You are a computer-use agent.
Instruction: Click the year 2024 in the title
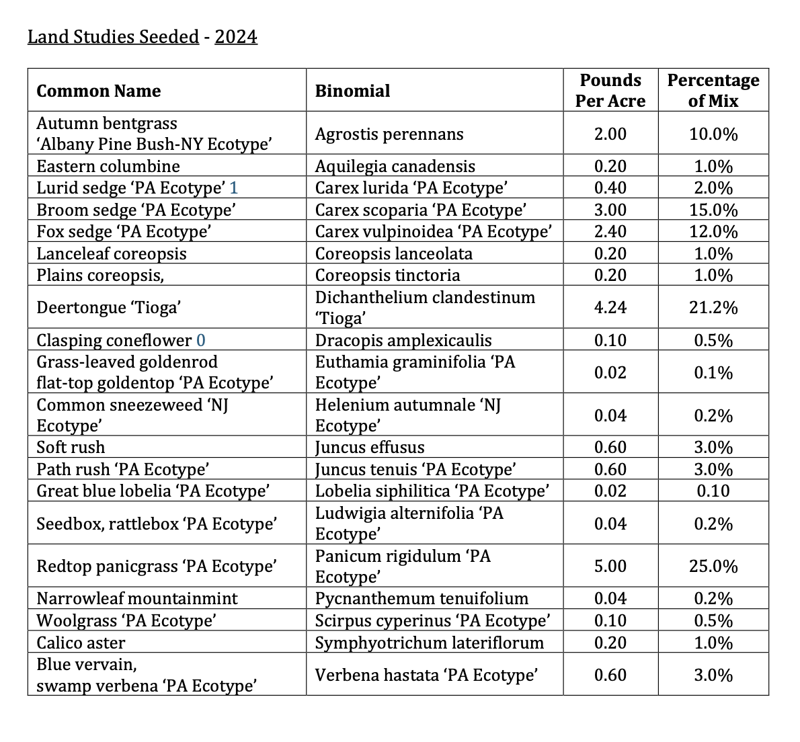[x=236, y=37]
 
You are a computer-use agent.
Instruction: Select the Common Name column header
[x=98, y=91]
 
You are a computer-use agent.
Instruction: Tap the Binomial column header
[x=352, y=91]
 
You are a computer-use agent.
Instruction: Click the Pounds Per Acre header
[x=610, y=90]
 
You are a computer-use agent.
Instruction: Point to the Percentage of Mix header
[x=713, y=90]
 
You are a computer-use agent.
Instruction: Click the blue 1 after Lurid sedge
[x=234, y=188]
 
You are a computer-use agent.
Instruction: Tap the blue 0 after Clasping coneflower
[x=200, y=340]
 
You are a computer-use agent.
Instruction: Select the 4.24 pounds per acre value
[x=610, y=308]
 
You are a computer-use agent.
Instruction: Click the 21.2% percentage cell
[x=713, y=308]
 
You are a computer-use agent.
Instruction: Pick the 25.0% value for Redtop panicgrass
[x=713, y=566]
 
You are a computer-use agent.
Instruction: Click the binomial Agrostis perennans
[x=389, y=134]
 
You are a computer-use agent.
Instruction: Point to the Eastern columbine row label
[x=108, y=166]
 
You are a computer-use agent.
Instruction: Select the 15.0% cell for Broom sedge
[x=713, y=210]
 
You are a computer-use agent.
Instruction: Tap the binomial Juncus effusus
[x=370, y=447]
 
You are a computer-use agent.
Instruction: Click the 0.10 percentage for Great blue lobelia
[x=713, y=491]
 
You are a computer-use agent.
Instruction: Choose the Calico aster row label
[x=81, y=643]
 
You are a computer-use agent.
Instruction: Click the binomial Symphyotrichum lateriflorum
[x=430, y=643]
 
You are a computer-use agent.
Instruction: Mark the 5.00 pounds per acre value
[x=610, y=566]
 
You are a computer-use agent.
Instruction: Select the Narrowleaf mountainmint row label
[x=137, y=598]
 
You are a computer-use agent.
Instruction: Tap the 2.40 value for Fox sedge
[x=610, y=231]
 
